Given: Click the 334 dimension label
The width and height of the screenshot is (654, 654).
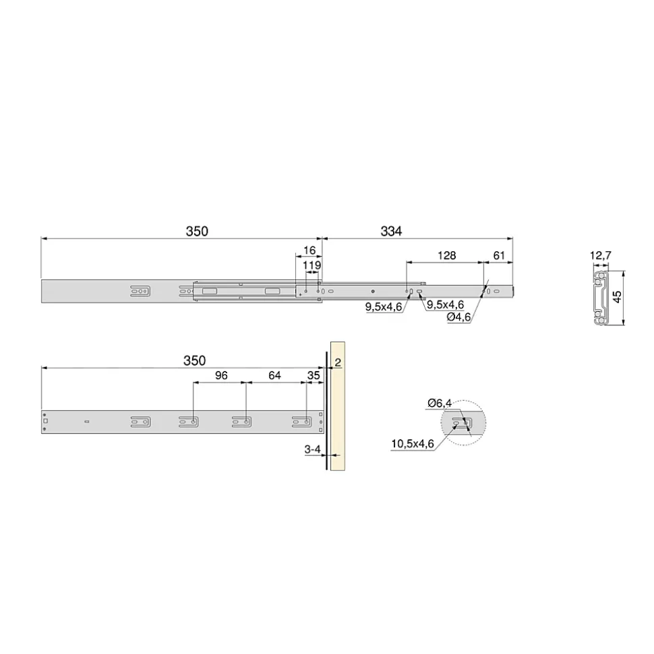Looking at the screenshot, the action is [391, 230].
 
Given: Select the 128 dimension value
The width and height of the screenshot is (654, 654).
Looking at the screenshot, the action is [446, 255].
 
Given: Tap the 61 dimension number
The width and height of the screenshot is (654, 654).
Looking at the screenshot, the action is [499, 255].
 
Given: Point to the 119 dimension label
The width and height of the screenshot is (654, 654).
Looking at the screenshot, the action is [311, 265].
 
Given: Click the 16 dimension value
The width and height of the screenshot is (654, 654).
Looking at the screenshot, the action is [309, 251].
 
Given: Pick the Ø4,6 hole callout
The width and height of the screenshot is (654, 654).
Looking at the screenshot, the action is [458, 317].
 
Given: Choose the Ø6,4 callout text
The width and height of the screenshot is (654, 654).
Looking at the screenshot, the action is [440, 403].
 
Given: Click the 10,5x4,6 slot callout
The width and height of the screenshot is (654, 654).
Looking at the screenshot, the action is [413, 443].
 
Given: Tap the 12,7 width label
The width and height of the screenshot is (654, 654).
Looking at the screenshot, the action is [601, 255].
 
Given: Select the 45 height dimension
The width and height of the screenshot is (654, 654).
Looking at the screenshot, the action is [618, 296].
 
